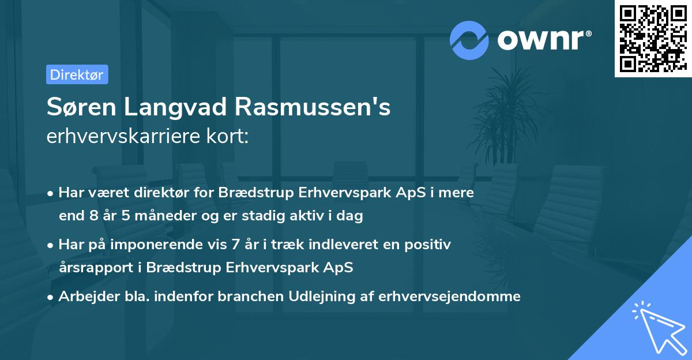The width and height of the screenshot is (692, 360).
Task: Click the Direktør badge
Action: coord(77,74)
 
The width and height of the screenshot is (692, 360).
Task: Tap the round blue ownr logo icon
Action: coord(469,40)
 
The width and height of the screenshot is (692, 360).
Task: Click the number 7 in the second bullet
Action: coord(234,245)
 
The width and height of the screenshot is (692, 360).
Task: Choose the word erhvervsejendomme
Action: coord(450,297)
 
